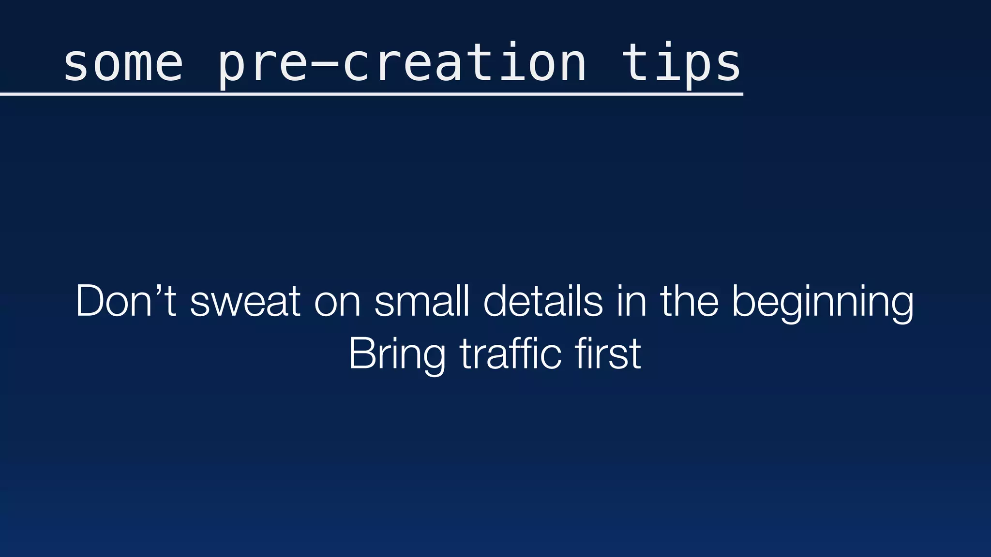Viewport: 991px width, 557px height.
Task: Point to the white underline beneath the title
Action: [372, 95]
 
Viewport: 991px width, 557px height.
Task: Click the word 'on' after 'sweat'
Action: [337, 305]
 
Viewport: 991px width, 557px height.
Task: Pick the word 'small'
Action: [421, 301]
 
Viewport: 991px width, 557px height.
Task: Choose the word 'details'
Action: [543, 301]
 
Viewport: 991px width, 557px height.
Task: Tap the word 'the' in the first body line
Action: [689, 301]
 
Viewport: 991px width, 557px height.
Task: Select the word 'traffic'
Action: [510, 353]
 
